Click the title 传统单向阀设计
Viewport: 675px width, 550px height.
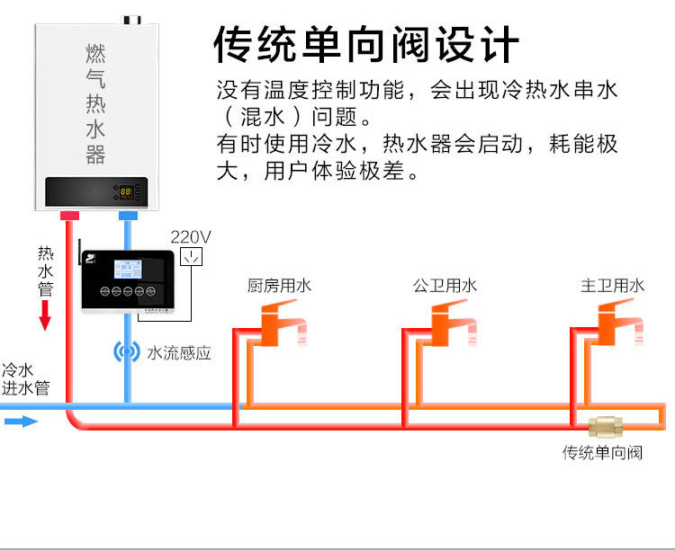[x=365, y=43]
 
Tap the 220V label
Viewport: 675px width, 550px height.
[x=191, y=237]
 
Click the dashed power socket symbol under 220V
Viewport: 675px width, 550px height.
[x=192, y=258]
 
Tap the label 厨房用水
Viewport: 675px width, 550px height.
[x=279, y=286]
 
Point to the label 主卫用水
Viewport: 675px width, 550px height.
[x=612, y=286]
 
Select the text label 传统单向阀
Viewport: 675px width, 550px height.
[x=602, y=452]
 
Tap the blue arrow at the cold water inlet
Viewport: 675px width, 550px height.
[x=23, y=421]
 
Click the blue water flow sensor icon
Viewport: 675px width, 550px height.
[x=126, y=351]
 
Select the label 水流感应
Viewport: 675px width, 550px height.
[x=179, y=353]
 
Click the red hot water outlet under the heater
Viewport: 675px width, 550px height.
[x=68, y=217]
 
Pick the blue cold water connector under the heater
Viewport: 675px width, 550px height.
[x=128, y=217]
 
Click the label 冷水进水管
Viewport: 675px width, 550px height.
[x=25, y=379]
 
